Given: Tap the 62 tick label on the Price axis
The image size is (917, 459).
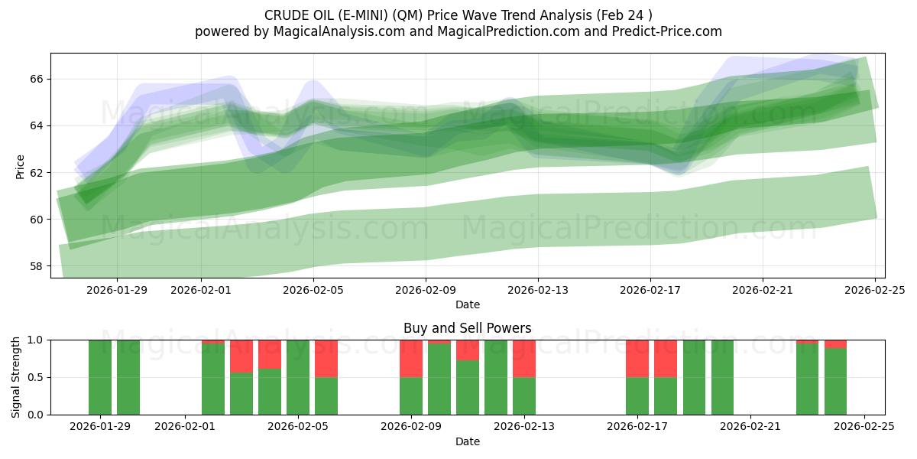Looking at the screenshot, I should pos(37,173).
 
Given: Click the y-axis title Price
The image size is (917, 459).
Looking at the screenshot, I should pos(20,166).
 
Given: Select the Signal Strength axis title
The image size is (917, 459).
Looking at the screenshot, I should pos(16,377).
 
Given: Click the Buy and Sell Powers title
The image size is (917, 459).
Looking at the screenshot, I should pos(467,328).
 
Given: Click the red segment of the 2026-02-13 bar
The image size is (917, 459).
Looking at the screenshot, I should pos(524,358).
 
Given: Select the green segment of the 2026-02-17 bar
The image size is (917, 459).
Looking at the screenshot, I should pos(637,396).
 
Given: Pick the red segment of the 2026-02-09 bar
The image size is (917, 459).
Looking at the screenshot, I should pos(411,358).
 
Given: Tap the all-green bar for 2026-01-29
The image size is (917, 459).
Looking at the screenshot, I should pos(100,377).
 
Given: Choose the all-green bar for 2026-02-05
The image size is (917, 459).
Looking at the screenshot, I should pos(298,377).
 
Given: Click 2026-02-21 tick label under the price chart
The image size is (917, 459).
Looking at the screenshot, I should pos(762,290).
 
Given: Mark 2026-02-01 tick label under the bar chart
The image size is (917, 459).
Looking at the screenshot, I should pos(185,427).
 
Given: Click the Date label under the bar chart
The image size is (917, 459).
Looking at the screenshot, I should pos(467,441).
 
